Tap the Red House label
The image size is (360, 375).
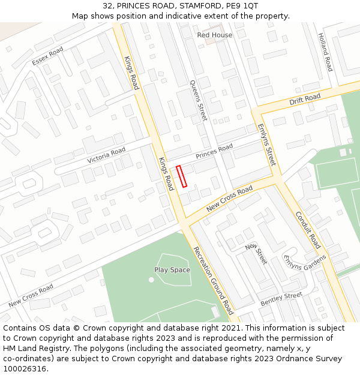[x=214, y=35]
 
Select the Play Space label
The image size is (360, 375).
[x=172, y=270]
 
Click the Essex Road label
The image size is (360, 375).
[x=48, y=56]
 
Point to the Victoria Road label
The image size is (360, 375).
[x=106, y=155]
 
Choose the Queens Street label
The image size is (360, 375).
[x=198, y=100]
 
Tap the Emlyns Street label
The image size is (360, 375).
[x=266, y=145]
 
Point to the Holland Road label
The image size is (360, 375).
[x=325, y=53]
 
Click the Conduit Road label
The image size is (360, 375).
[x=307, y=230]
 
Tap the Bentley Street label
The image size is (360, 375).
[x=281, y=298]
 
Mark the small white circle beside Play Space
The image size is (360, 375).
[x=151, y=279]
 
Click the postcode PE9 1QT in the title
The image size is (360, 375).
[x=242, y=5]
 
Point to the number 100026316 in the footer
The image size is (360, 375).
[x=23, y=368]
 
